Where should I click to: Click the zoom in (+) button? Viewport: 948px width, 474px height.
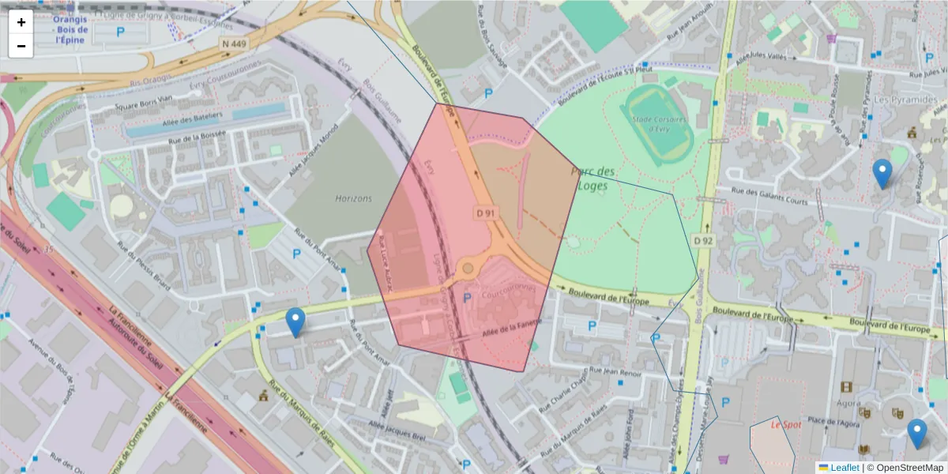click(21, 22)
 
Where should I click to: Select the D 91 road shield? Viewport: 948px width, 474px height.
click(487, 213)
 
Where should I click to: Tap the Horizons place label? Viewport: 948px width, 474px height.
click(352, 198)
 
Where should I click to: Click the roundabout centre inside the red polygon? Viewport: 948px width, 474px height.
click(468, 269)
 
